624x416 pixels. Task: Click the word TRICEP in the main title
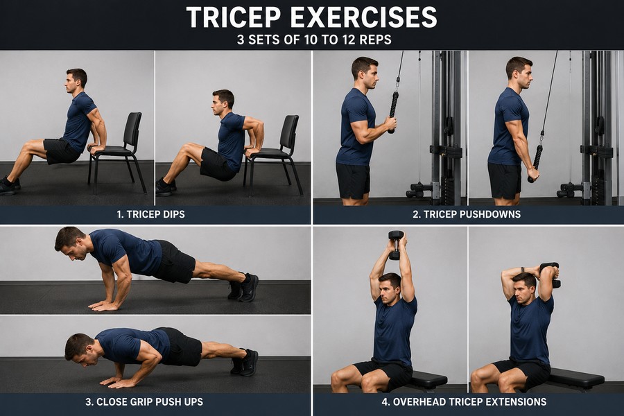point(234,17)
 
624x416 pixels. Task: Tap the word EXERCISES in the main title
point(364,17)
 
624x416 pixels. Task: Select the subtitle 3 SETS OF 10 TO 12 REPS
point(314,40)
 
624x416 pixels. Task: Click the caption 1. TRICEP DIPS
point(151,214)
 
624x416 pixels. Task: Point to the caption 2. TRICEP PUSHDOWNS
point(467,214)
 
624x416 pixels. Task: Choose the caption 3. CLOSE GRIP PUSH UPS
point(144,401)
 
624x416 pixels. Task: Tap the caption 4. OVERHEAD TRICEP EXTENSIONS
point(464,401)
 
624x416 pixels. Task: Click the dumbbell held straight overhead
point(396,245)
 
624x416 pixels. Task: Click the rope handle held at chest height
point(393,112)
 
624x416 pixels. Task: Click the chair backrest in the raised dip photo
point(132,130)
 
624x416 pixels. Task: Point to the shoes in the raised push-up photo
point(243,286)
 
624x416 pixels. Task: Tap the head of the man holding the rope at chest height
point(365,72)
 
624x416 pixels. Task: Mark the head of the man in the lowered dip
point(223,103)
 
